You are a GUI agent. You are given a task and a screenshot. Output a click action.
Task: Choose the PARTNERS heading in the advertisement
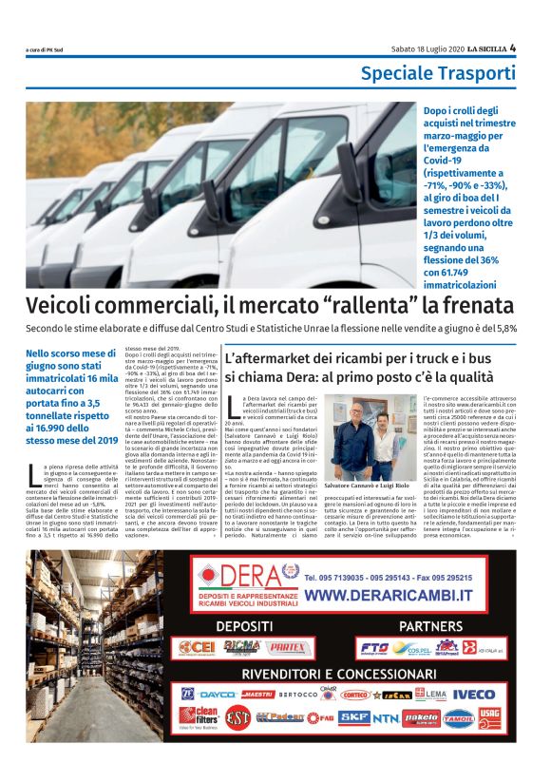point(430,626)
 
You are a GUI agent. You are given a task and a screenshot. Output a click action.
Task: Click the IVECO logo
point(473,694)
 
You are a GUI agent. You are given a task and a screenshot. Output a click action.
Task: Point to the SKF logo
point(353,717)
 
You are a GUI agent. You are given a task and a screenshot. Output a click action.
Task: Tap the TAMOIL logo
point(458,716)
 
